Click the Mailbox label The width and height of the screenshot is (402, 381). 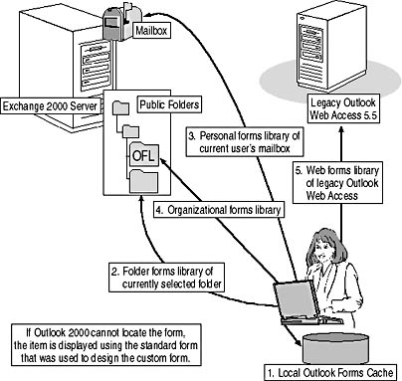151,31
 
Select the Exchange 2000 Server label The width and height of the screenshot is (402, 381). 50,106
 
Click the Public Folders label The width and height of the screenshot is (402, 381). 169,104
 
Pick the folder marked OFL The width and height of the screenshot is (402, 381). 144,154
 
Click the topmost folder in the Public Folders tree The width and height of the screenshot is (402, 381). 120,107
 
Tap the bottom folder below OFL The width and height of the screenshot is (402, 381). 143,181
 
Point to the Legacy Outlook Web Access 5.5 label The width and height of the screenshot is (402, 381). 343,108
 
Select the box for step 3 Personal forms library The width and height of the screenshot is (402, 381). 245,142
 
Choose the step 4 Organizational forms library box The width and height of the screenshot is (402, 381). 219,210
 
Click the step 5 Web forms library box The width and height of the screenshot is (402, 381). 337,183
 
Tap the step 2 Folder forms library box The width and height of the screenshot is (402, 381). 166,278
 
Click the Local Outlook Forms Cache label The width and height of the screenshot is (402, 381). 330,372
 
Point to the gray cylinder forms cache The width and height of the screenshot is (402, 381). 335,349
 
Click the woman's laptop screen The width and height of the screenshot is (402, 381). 294,300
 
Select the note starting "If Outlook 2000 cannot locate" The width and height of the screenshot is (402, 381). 107,345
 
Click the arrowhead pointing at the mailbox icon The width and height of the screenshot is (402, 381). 149,15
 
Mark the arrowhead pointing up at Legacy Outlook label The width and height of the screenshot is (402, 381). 342,128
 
